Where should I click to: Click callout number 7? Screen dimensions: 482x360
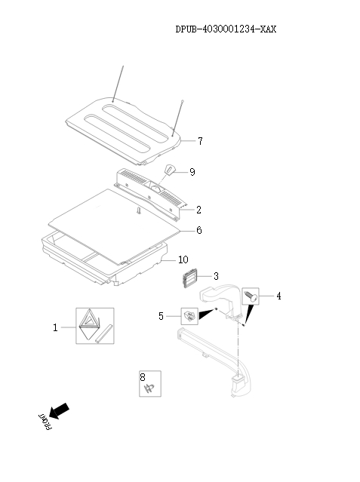pos(200,141)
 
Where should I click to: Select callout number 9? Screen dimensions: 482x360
pos(192,172)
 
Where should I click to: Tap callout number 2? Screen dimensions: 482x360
pos(198,209)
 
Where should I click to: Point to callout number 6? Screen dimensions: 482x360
pos(198,230)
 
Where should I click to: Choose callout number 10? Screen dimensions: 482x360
pos(183,259)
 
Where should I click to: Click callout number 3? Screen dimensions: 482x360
pos(215,276)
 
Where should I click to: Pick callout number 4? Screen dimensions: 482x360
pos(278,296)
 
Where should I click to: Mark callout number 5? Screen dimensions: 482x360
pos(161,316)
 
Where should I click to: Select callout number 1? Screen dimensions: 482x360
pos(55,327)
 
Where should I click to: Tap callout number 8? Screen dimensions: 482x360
pos(142,376)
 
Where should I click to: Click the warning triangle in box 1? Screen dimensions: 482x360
pos(89,324)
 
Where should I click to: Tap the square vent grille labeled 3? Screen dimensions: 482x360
pos(188,281)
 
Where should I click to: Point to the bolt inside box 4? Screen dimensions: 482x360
pos(252,296)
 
